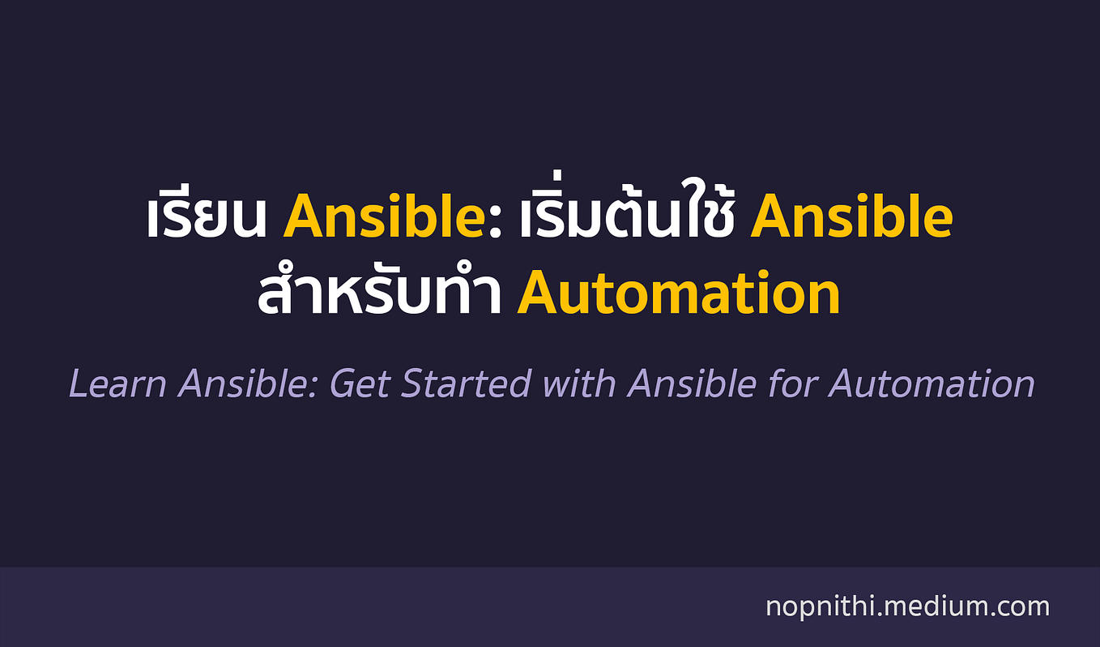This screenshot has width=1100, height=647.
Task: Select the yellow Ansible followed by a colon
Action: click(380, 217)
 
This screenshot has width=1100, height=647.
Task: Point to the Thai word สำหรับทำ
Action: click(379, 294)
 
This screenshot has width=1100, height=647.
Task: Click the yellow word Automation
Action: click(679, 294)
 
